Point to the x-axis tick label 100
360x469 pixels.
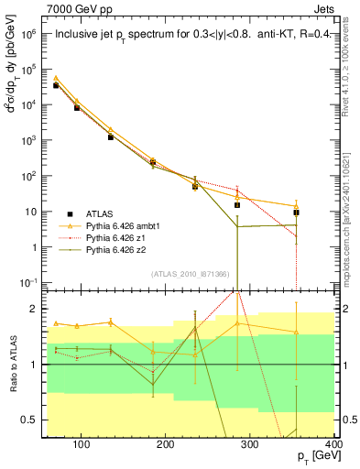(81, 444)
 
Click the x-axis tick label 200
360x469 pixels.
(166, 444)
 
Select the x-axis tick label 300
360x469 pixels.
(250, 444)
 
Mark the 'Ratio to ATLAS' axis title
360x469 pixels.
(14, 364)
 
